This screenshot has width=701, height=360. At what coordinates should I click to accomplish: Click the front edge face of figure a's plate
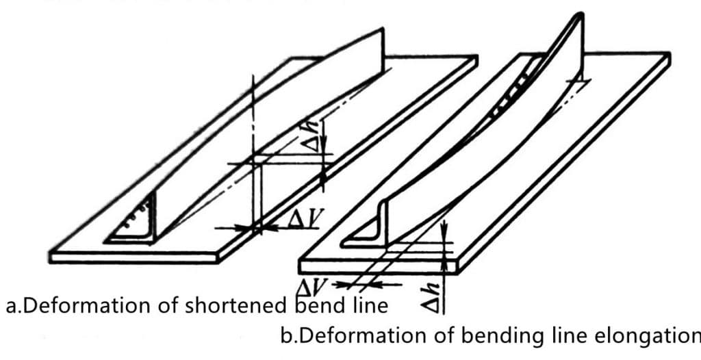(134, 258)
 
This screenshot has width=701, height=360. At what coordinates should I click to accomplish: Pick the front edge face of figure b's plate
(379, 267)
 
